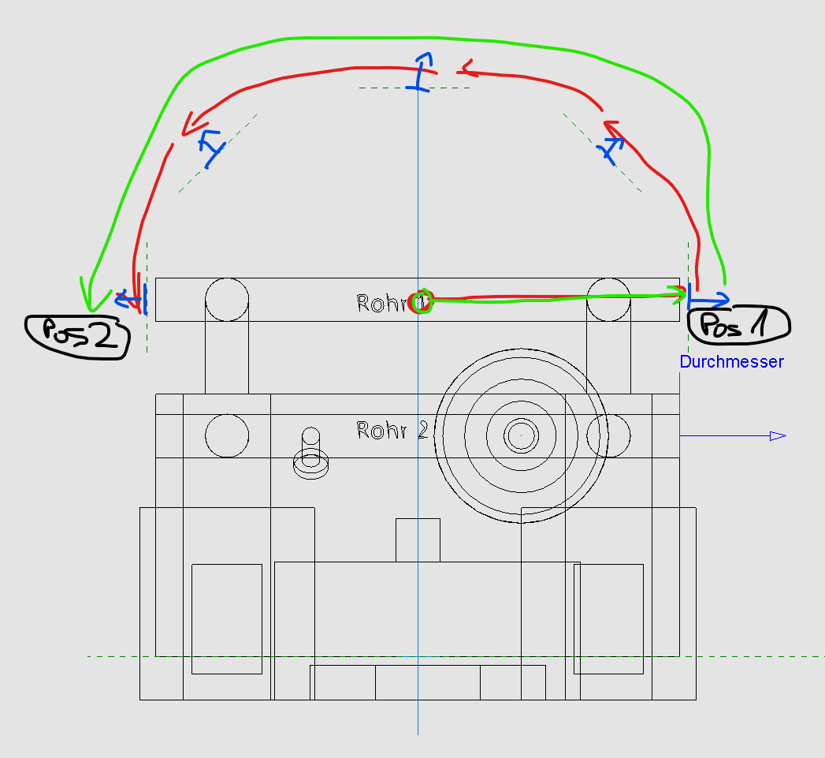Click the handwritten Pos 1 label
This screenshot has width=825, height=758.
click(738, 324)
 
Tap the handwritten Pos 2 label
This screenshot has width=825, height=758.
click(77, 337)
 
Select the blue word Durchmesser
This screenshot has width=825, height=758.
click(731, 362)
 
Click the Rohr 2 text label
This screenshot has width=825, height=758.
click(392, 431)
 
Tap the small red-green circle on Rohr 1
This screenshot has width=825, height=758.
click(422, 301)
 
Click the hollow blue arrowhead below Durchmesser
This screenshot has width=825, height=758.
click(777, 435)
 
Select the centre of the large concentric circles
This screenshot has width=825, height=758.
click(521, 435)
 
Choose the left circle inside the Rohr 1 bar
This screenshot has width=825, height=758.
click(227, 300)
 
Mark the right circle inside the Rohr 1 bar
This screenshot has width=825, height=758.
click(608, 300)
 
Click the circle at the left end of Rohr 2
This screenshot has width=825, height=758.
click(227, 435)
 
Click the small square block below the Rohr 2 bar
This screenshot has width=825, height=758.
click(418, 540)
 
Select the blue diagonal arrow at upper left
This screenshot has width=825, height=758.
click(210, 147)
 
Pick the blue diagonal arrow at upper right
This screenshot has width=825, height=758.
click(612, 148)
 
